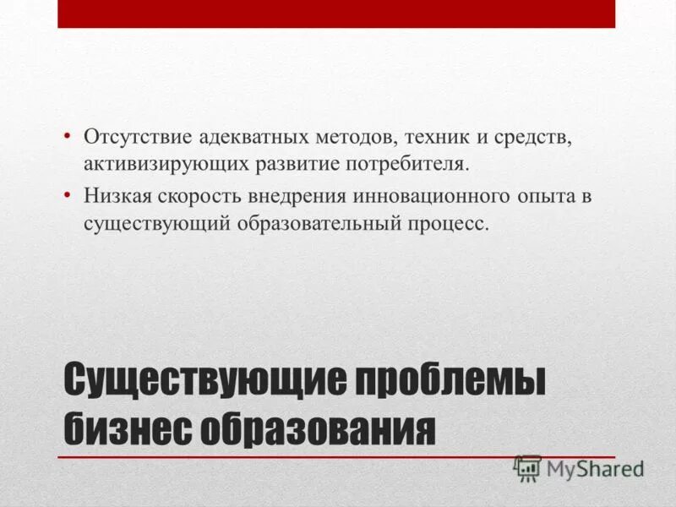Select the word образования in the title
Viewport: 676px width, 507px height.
(319, 429)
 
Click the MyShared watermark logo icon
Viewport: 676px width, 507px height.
(527, 467)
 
